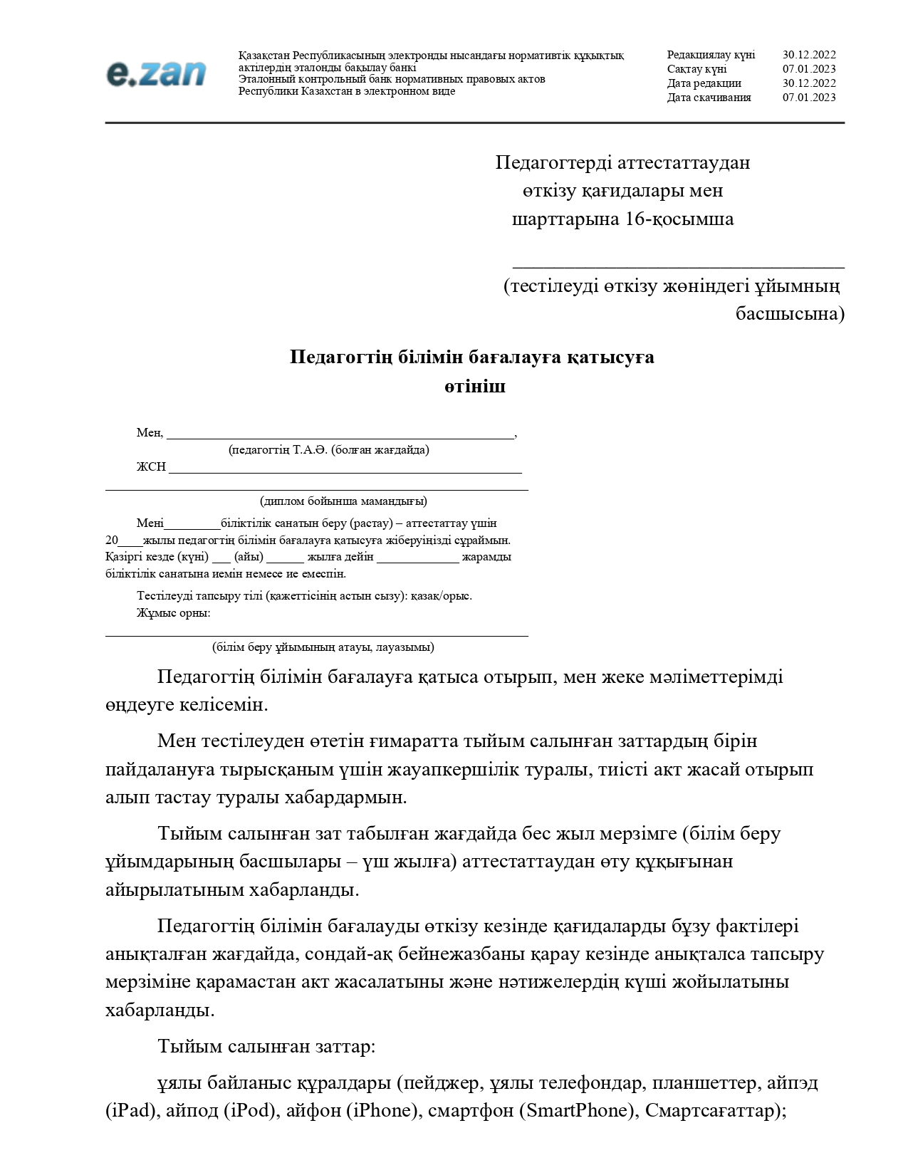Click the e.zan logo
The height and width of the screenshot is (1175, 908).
pyautogui.click(x=156, y=74)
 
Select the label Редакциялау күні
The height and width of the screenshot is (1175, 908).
pyautogui.click(x=711, y=55)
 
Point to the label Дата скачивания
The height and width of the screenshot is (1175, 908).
pyautogui.click(x=709, y=98)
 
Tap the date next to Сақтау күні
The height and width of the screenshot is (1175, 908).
pyautogui.click(x=809, y=69)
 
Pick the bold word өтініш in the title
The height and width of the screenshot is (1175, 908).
pyautogui.click(x=475, y=387)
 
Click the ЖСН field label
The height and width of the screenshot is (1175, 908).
pyautogui.click(x=151, y=467)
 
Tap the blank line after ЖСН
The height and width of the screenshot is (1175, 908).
pyautogui.click(x=345, y=469)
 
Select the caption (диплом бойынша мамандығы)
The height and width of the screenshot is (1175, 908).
pyautogui.click(x=343, y=501)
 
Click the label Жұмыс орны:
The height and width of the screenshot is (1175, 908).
pyautogui.click(x=173, y=613)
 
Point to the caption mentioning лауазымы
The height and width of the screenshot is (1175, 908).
pyautogui.click(x=323, y=647)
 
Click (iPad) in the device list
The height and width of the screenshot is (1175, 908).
pyautogui.click(x=130, y=1111)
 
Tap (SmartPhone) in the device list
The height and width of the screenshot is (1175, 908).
pyautogui.click(x=576, y=1111)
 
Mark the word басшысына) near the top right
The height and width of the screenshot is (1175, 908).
pyautogui.click(x=790, y=314)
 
